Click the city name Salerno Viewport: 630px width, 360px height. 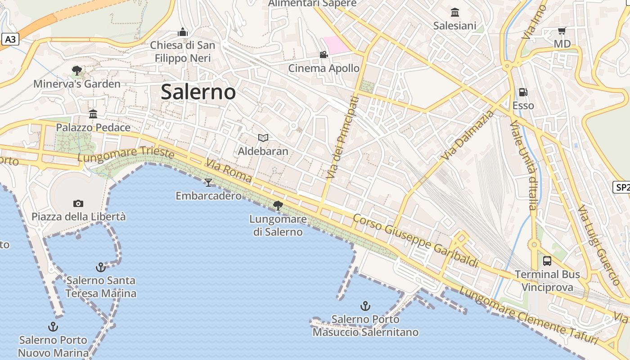point(198,92)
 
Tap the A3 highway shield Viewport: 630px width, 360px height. point(10,40)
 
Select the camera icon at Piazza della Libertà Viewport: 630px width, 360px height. point(78,203)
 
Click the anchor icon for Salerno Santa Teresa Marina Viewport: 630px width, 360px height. point(101,267)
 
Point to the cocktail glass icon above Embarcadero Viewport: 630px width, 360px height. point(208,182)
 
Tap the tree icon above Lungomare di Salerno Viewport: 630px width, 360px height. point(278,206)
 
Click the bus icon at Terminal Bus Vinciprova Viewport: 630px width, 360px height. point(547,261)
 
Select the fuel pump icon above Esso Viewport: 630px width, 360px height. point(523,92)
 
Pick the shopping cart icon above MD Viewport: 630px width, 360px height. point(562,31)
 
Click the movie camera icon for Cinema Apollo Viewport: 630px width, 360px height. point(324,55)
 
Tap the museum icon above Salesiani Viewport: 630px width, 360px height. point(455,12)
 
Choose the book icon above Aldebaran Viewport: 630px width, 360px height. point(263,138)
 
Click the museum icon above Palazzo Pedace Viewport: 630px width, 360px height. point(93,114)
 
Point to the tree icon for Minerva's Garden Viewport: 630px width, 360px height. point(77,70)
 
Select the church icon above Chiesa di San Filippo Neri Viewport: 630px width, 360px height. point(183,32)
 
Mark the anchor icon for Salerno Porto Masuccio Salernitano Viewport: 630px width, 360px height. point(365,306)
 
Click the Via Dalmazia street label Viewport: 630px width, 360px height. point(468,135)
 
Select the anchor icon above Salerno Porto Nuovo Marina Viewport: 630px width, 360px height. point(53,327)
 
